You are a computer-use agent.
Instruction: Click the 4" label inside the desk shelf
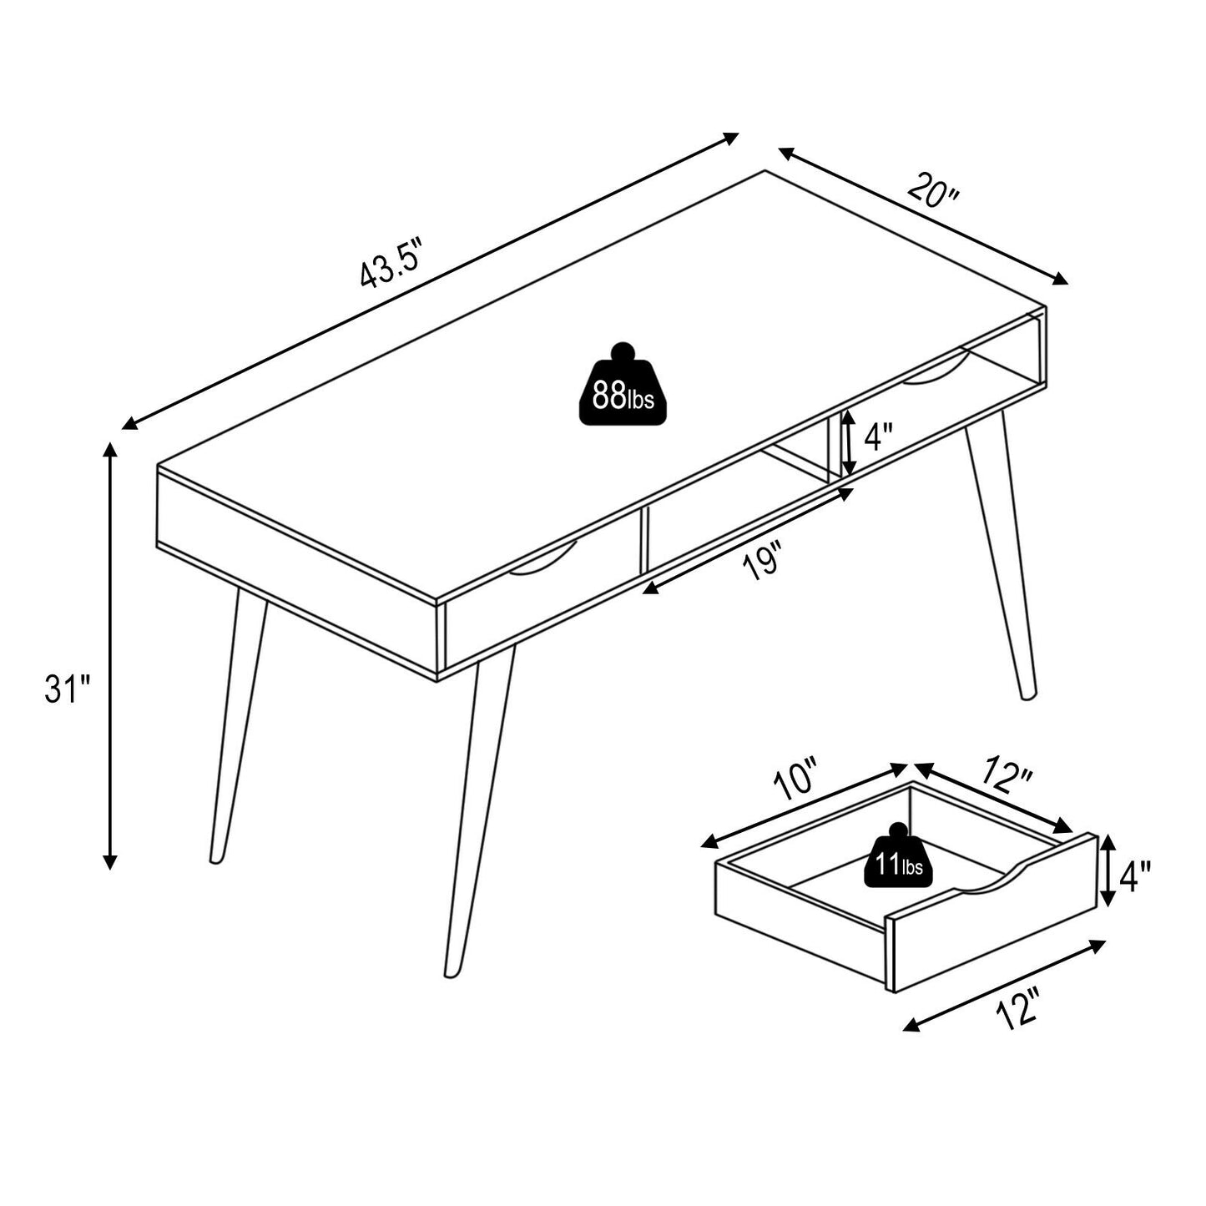[x=878, y=436]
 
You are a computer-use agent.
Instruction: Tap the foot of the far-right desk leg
[x=1028, y=695]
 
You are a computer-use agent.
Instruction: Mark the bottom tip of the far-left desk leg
[x=215, y=860]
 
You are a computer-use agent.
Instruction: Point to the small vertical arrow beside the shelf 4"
[x=847, y=446]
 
